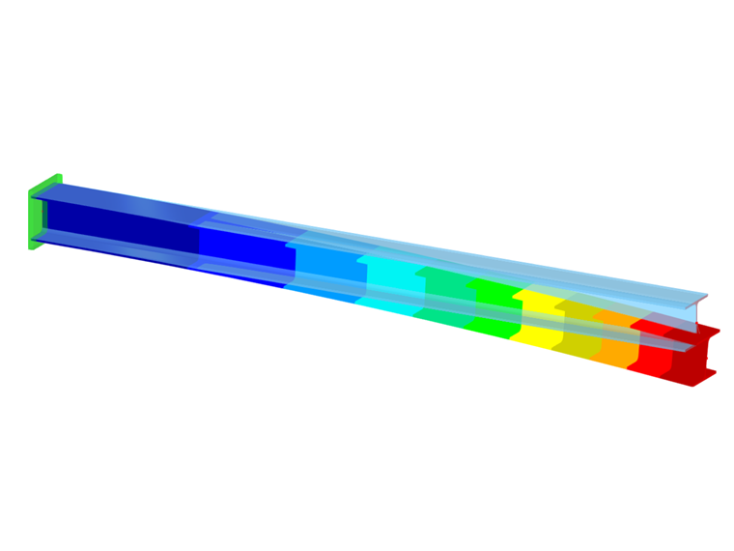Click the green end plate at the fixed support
pos(38,213)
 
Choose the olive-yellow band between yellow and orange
pos(579,333)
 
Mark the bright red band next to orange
pos(652,352)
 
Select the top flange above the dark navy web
pos(116,193)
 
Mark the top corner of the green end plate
pos(58,177)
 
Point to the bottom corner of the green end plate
pos(33,247)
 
